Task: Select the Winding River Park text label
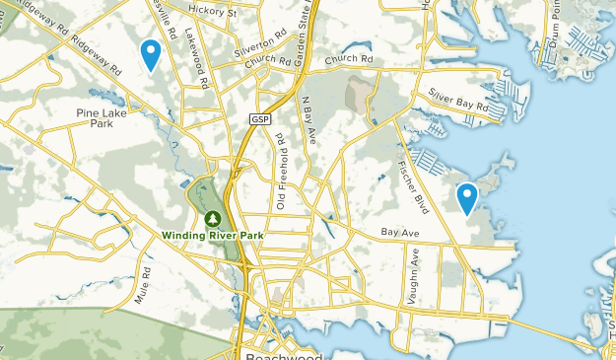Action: (204, 236)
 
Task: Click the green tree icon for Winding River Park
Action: (211, 218)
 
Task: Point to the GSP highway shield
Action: (259, 119)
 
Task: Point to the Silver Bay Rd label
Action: (458, 101)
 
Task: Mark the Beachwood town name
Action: (280, 354)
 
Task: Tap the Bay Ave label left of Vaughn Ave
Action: (399, 234)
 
